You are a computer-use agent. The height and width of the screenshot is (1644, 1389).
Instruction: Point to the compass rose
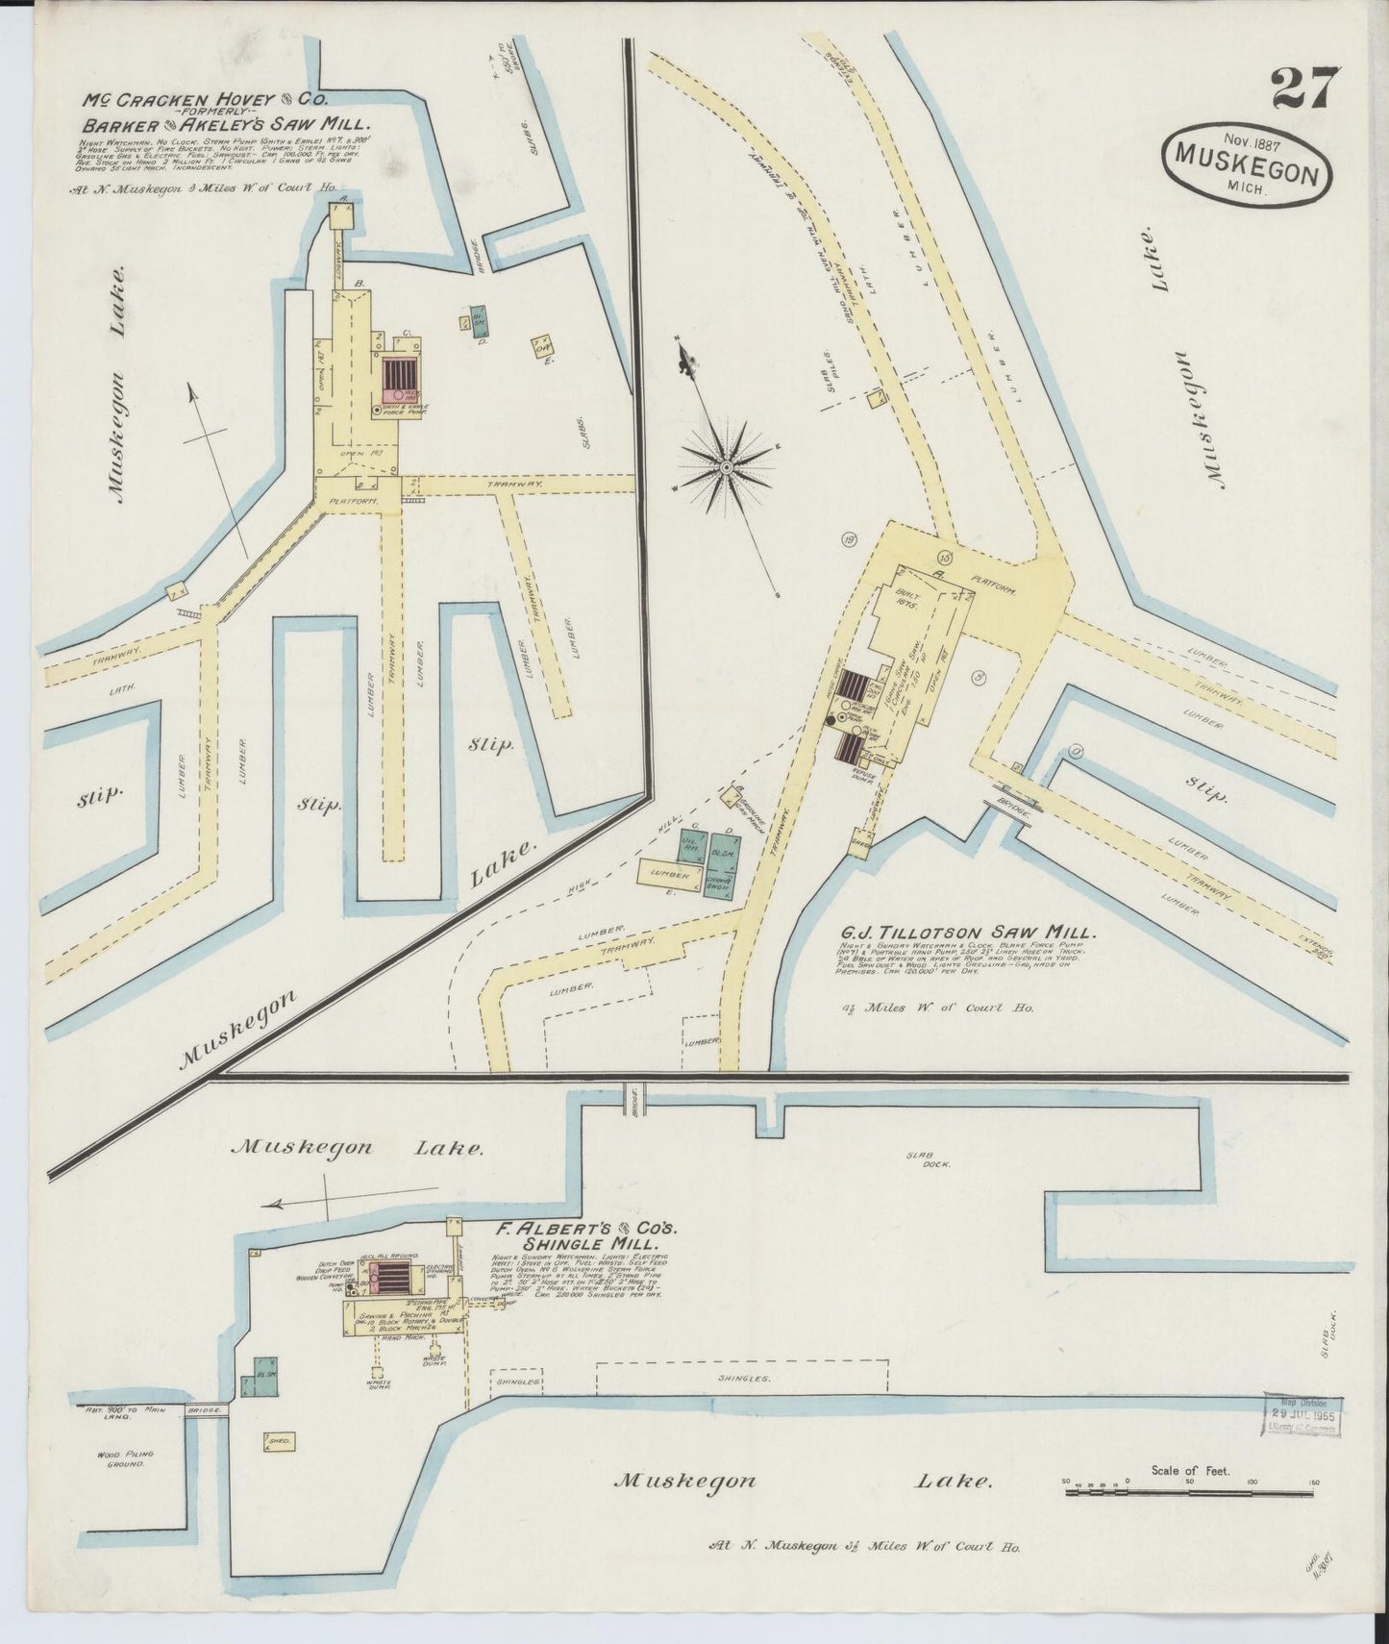tap(729, 468)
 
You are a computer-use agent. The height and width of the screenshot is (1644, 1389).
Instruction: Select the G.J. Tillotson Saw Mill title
tap(964, 933)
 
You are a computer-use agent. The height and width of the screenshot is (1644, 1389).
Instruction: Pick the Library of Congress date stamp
tap(1302, 1414)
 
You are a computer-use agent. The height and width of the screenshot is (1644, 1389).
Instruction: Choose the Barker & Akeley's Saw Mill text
tap(226, 123)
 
